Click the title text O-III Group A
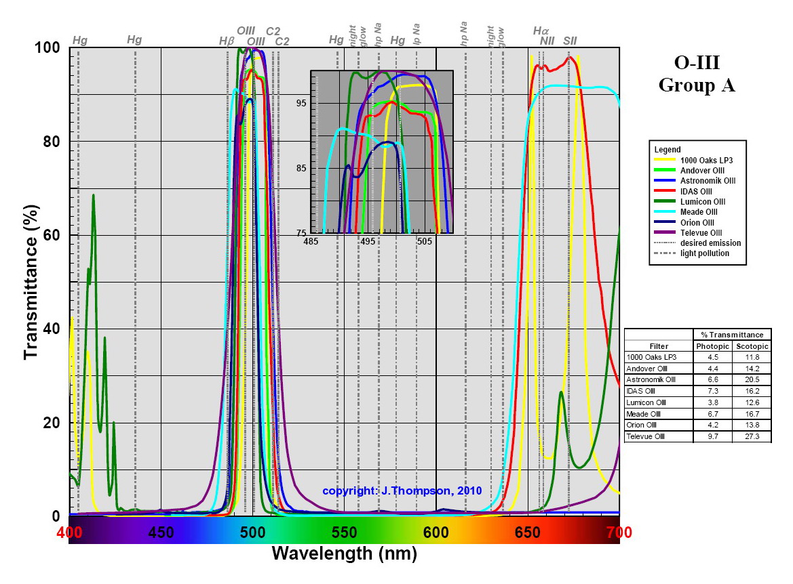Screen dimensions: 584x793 (x=697, y=75)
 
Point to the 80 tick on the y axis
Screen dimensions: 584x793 (x=51, y=142)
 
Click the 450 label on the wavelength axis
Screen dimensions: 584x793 (x=161, y=533)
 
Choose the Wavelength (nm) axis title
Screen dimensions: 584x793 (x=344, y=554)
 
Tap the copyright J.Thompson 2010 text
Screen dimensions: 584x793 (x=402, y=490)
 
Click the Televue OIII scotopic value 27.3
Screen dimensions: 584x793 (x=752, y=437)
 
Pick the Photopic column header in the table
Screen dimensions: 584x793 (x=712, y=346)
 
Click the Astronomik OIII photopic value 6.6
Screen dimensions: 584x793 (x=712, y=380)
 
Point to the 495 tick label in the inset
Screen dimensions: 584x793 (x=368, y=242)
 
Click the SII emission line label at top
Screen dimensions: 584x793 (x=570, y=41)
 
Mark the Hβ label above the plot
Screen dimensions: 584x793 (x=227, y=41)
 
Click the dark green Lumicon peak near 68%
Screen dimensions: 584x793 (x=93, y=196)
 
